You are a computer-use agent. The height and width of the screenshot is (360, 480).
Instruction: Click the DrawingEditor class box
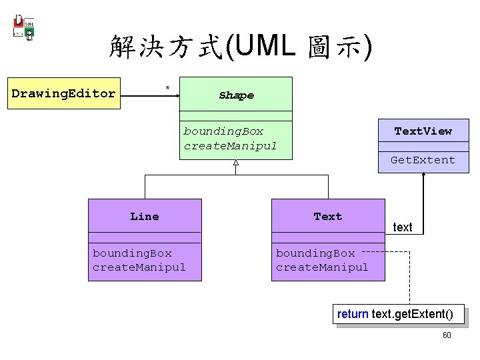click(x=63, y=93)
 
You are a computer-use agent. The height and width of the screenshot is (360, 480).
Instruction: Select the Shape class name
click(x=236, y=95)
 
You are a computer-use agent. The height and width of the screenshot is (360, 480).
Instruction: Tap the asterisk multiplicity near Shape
click(x=167, y=88)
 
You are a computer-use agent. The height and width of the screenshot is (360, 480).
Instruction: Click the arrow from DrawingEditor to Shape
click(x=150, y=95)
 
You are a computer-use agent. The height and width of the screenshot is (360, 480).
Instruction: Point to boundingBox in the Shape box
click(x=223, y=131)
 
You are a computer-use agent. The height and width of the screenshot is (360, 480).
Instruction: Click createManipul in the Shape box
click(x=230, y=145)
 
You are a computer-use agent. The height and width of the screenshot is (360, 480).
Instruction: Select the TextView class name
click(x=423, y=131)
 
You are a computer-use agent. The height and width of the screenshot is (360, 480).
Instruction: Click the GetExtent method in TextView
click(x=423, y=160)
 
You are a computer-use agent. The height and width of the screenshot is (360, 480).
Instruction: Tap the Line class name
click(x=145, y=216)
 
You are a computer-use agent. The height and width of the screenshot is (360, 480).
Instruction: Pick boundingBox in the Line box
click(x=132, y=253)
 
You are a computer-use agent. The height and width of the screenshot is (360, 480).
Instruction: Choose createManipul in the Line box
click(x=139, y=267)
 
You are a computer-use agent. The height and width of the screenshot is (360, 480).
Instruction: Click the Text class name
click(x=327, y=216)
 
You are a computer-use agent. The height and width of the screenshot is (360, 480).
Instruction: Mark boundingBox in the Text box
click(x=315, y=253)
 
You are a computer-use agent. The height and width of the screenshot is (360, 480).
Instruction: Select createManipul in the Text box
click(x=322, y=267)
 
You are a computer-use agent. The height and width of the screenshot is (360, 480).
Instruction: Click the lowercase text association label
click(x=403, y=227)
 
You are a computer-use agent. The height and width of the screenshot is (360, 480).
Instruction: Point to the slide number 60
click(x=447, y=335)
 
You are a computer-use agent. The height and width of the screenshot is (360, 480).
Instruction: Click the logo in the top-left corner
click(x=24, y=27)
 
